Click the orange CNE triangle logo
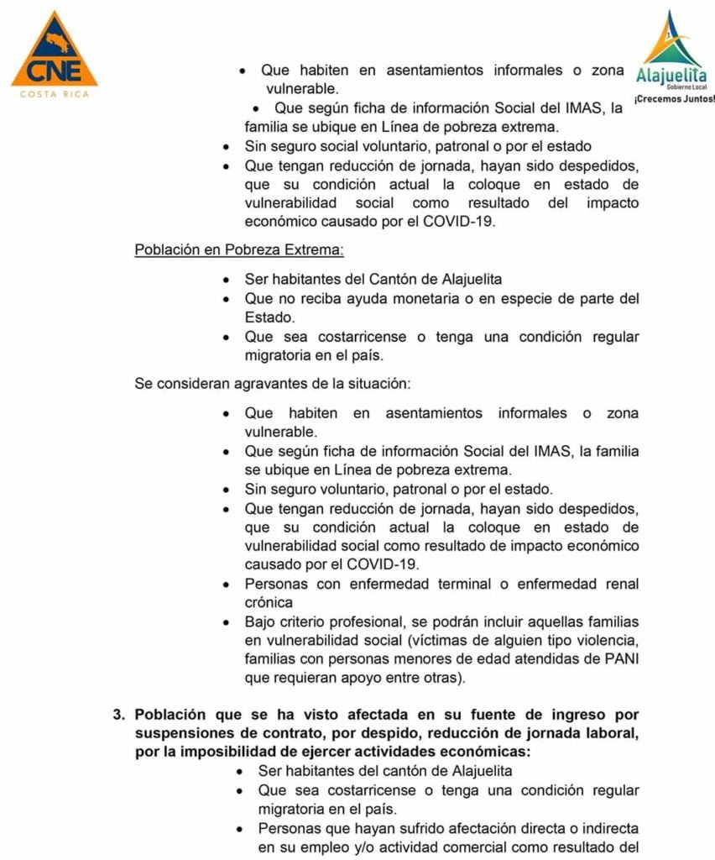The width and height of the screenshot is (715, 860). pyautogui.click(x=54, y=52)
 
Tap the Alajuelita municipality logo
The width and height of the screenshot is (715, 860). pyautogui.click(x=671, y=48)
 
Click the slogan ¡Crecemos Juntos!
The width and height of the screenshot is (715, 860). pyautogui.click(x=674, y=99)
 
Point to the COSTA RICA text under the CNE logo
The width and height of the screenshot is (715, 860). pyautogui.click(x=54, y=94)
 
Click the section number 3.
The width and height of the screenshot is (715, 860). pyautogui.click(x=119, y=715)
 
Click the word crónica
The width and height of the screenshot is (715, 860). pyautogui.click(x=269, y=602)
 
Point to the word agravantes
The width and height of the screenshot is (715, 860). pyautogui.click(x=261, y=383)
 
